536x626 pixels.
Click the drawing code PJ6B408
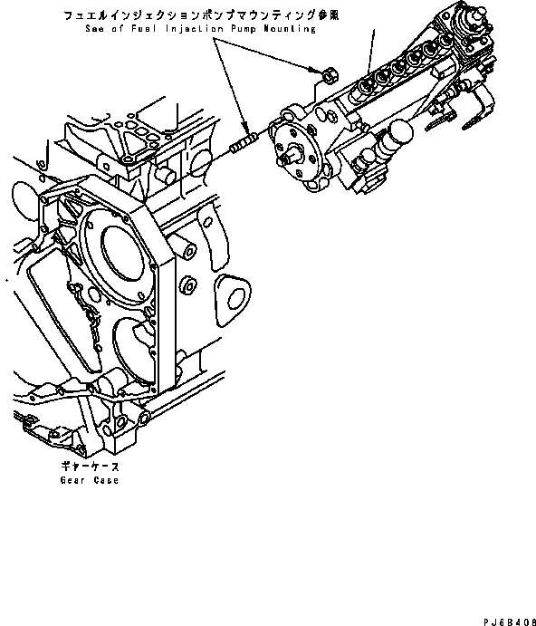502,617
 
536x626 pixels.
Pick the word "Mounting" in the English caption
291,29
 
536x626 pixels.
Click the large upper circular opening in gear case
129,251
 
